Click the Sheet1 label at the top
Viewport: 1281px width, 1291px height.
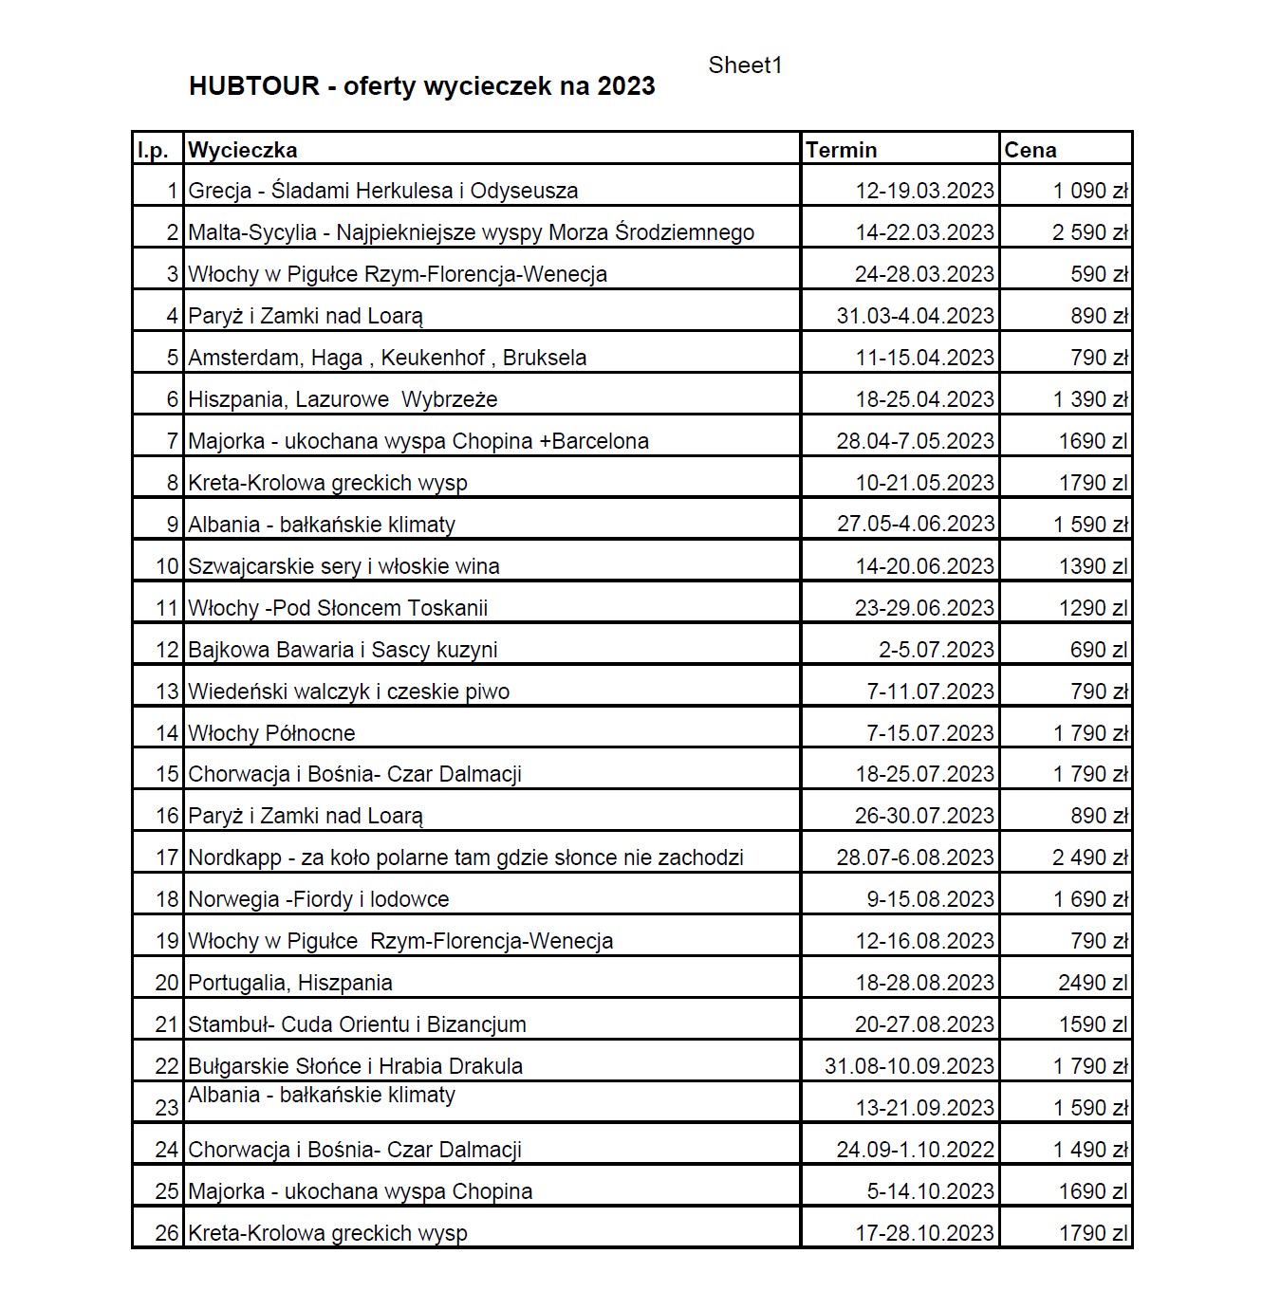click(745, 65)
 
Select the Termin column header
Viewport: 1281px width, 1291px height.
click(841, 150)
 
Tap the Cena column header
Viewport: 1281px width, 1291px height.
click(1030, 150)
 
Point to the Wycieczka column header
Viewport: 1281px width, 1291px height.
click(242, 150)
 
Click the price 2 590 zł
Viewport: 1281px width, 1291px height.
click(1089, 232)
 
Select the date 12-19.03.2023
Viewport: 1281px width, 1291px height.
click(924, 191)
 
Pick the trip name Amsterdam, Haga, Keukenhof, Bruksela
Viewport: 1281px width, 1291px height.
click(387, 358)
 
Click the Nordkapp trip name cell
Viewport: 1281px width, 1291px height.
click(465, 858)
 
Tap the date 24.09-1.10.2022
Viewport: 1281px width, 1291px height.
click(915, 1150)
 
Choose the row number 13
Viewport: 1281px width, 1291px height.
click(167, 692)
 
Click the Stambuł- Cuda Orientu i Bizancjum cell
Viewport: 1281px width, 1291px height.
click(357, 1024)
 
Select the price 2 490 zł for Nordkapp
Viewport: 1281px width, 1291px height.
click(1089, 858)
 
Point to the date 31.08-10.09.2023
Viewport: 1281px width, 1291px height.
click(909, 1066)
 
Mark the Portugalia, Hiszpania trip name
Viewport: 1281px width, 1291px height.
click(290, 983)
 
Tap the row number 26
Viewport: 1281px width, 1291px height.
click(167, 1233)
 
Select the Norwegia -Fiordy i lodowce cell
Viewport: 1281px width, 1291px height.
click(319, 899)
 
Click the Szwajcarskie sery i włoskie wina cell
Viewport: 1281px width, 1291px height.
click(343, 566)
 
